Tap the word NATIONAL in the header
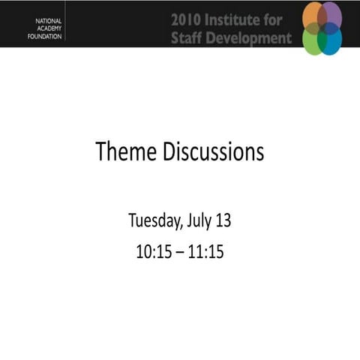coord(50,16)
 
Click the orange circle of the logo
coord(312,15)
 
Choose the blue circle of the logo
coord(331,39)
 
